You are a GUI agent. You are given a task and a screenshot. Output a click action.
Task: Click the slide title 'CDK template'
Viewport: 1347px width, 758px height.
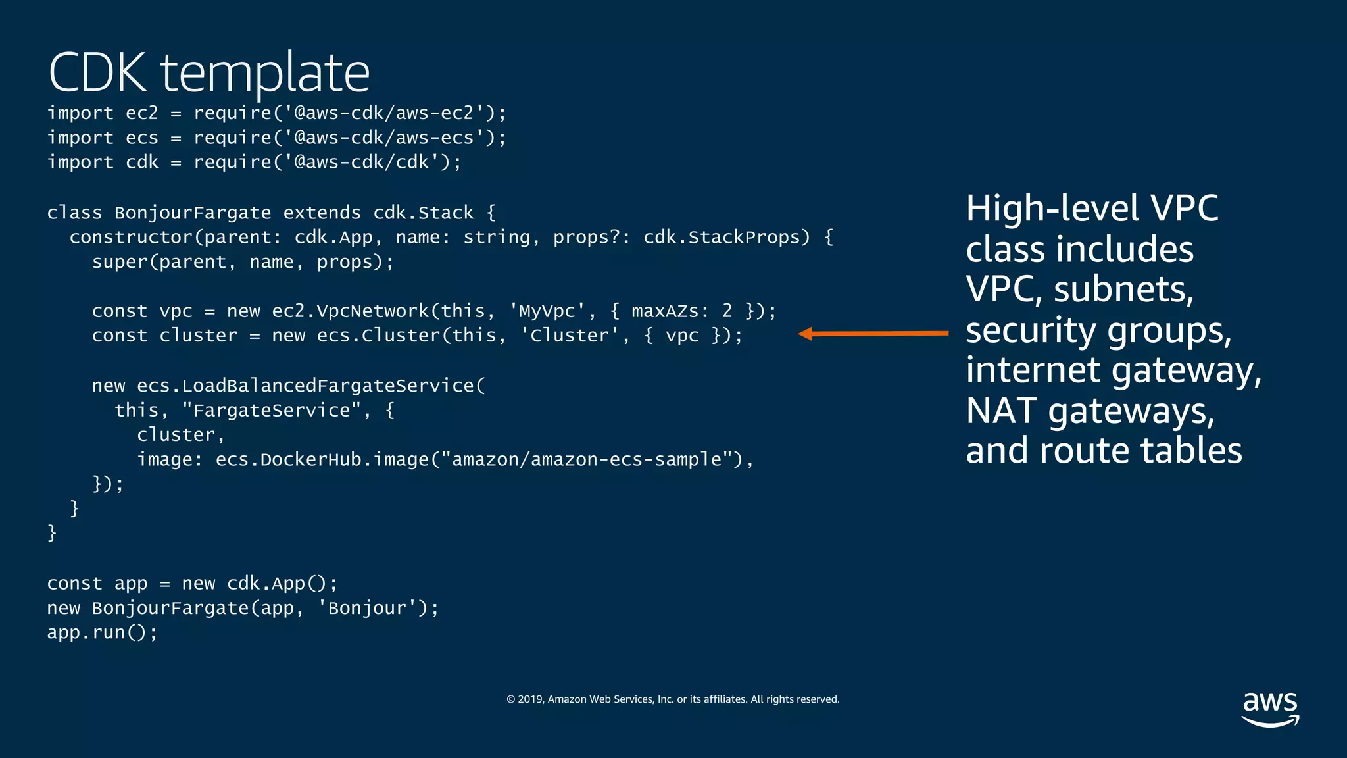tap(209, 72)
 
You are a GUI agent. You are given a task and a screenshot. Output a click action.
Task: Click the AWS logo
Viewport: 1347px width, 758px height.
tap(1269, 708)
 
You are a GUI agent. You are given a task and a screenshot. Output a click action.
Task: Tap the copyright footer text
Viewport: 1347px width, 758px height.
tap(673, 699)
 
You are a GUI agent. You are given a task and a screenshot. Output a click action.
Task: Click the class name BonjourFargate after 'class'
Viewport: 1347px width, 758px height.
tap(193, 213)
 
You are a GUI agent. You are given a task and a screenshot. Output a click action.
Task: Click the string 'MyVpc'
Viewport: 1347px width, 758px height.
tap(547, 311)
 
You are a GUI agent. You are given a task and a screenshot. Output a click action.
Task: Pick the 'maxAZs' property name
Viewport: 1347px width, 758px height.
tap(665, 311)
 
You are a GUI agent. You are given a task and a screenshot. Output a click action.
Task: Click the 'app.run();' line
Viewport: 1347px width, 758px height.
tap(103, 632)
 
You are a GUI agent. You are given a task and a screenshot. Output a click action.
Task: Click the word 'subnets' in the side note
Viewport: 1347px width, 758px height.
tap(1123, 290)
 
